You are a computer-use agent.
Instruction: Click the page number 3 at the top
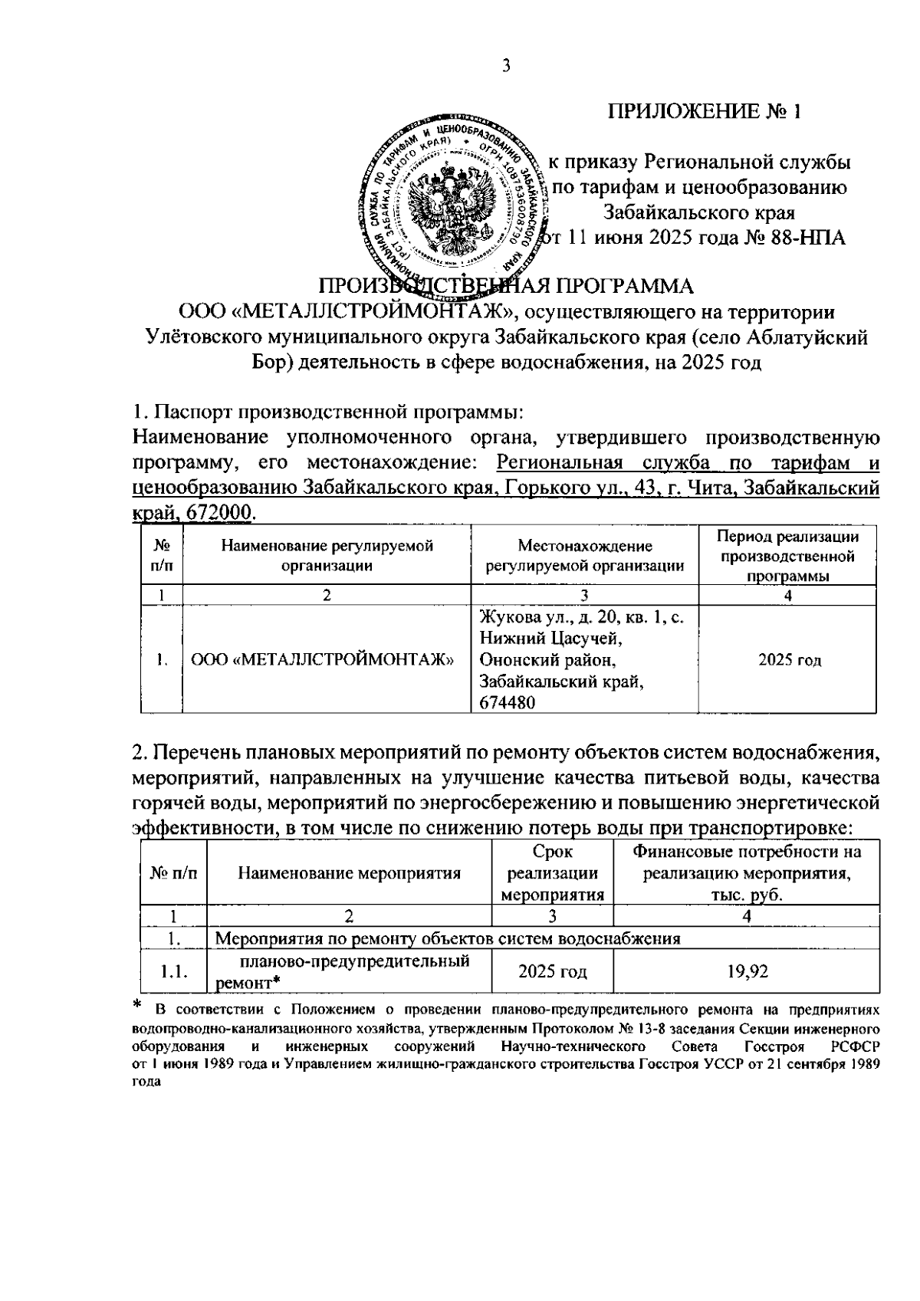point(506,66)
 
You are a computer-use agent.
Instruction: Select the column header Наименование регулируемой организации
point(327,556)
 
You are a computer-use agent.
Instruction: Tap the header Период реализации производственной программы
point(787,556)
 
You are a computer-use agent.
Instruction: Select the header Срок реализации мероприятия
point(552,872)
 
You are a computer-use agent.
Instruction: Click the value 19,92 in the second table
point(747,971)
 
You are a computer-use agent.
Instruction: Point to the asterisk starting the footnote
point(138,1004)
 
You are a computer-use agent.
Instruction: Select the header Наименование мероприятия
point(349,872)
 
